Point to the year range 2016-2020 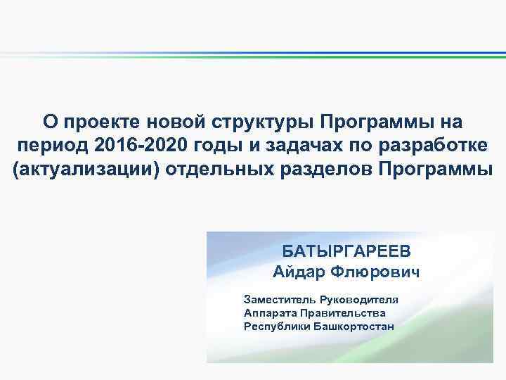point(140,146)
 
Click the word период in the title point(51,146)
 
